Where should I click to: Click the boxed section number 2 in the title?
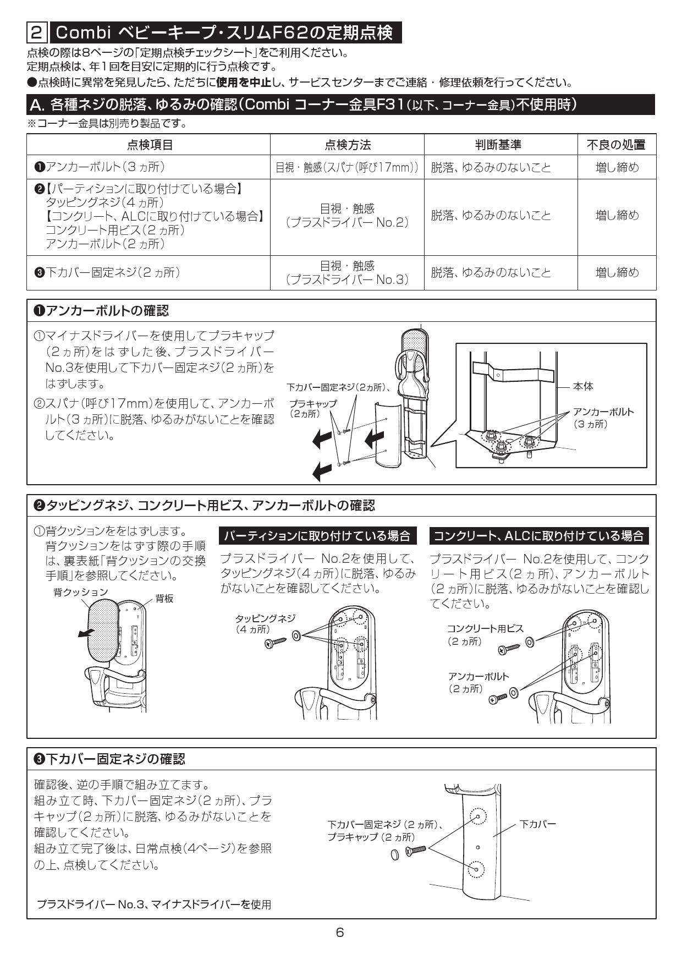pyautogui.click(x=36, y=32)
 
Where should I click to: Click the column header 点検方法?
pyautogui.click(x=347, y=145)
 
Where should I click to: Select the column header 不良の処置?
pyautogui.click(x=616, y=145)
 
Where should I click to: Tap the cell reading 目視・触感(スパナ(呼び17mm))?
pyautogui.click(x=347, y=167)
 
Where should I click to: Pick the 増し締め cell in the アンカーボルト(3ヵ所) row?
pyautogui.click(x=617, y=167)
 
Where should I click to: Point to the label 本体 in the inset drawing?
pyautogui.click(x=583, y=387)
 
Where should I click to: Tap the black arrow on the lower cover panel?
pyautogui.click(x=374, y=438)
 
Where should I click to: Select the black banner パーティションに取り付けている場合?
pyautogui.click(x=318, y=535)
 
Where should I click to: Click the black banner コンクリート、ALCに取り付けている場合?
pyautogui.click(x=539, y=535)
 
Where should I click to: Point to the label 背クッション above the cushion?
pyautogui.click(x=80, y=592)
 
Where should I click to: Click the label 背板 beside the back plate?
pyautogui.click(x=164, y=599)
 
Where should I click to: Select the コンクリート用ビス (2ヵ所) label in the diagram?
pyautogui.click(x=485, y=634)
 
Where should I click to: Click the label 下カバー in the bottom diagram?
pyautogui.click(x=537, y=824)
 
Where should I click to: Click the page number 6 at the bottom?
pyautogui.click(x=340, y=932)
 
